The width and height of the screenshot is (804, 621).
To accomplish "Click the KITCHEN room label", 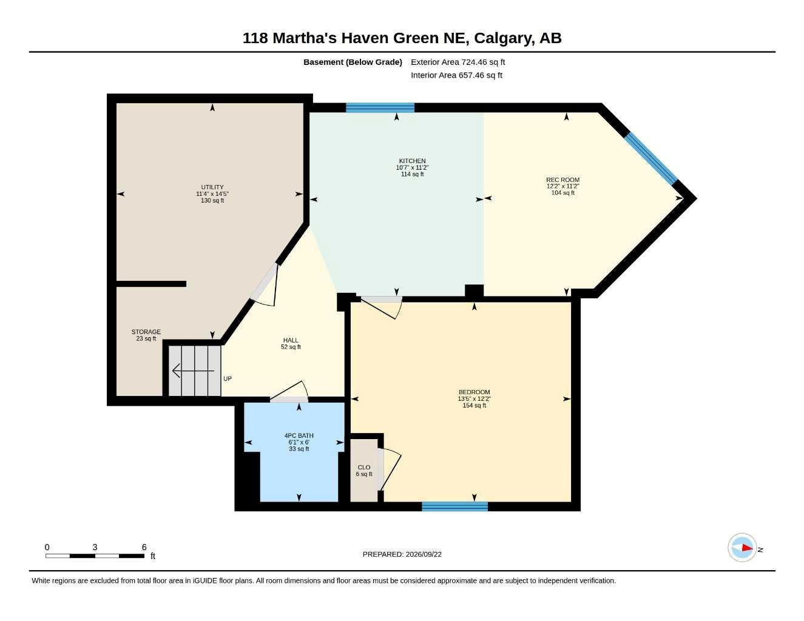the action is (x=412, y=161).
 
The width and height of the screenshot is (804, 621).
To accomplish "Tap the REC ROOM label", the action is (x=562, y=180).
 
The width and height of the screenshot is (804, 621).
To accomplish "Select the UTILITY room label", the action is (x=212, y=187).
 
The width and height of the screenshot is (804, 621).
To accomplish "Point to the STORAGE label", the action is (x=146, y=332).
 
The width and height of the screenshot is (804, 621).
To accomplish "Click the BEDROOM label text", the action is (x=475, y=392).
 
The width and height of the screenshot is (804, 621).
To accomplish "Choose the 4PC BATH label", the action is (x=299, y=435).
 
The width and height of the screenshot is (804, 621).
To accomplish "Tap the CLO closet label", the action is (x=364, y=467).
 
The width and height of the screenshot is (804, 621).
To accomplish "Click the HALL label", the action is (x=291, y=340).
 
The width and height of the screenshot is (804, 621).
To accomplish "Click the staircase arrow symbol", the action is (x=193, y=371).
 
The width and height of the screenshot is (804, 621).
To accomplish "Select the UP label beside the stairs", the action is (x=228, y=378).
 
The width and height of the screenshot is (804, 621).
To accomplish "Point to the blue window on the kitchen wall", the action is (x=380, y=107).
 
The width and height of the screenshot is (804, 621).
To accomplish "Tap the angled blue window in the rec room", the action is (x=651, y=158).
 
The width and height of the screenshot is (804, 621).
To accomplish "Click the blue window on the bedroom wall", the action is (x=454, y=506).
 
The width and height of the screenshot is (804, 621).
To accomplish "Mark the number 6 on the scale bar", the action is (x=144, y=547).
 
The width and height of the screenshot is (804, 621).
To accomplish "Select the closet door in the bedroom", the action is (x=389, y=469).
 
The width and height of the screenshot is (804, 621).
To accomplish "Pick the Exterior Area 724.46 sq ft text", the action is (x=458, y=62).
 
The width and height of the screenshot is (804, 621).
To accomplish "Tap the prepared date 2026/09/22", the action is (x=424, y=554).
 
